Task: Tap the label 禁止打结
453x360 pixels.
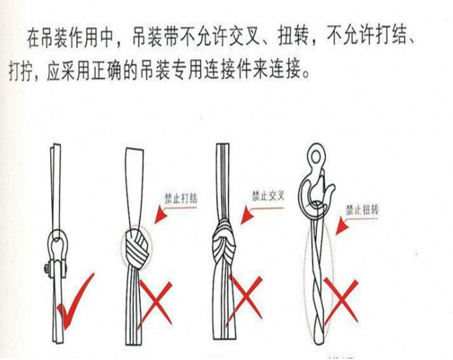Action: pyautogui.click(x=181, y=199)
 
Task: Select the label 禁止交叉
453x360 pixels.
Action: pyautogui.click(x=268, y=195)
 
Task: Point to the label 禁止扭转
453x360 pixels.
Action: pyautogui.click(x=362, y=210)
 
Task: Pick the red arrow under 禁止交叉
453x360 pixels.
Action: pyautogui.click(x=260, y=210)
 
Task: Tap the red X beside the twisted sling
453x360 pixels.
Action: pyautogui.click(x=342, y=300)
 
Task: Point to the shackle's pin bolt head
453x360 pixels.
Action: pyautogui.click(x=47, y=269)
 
